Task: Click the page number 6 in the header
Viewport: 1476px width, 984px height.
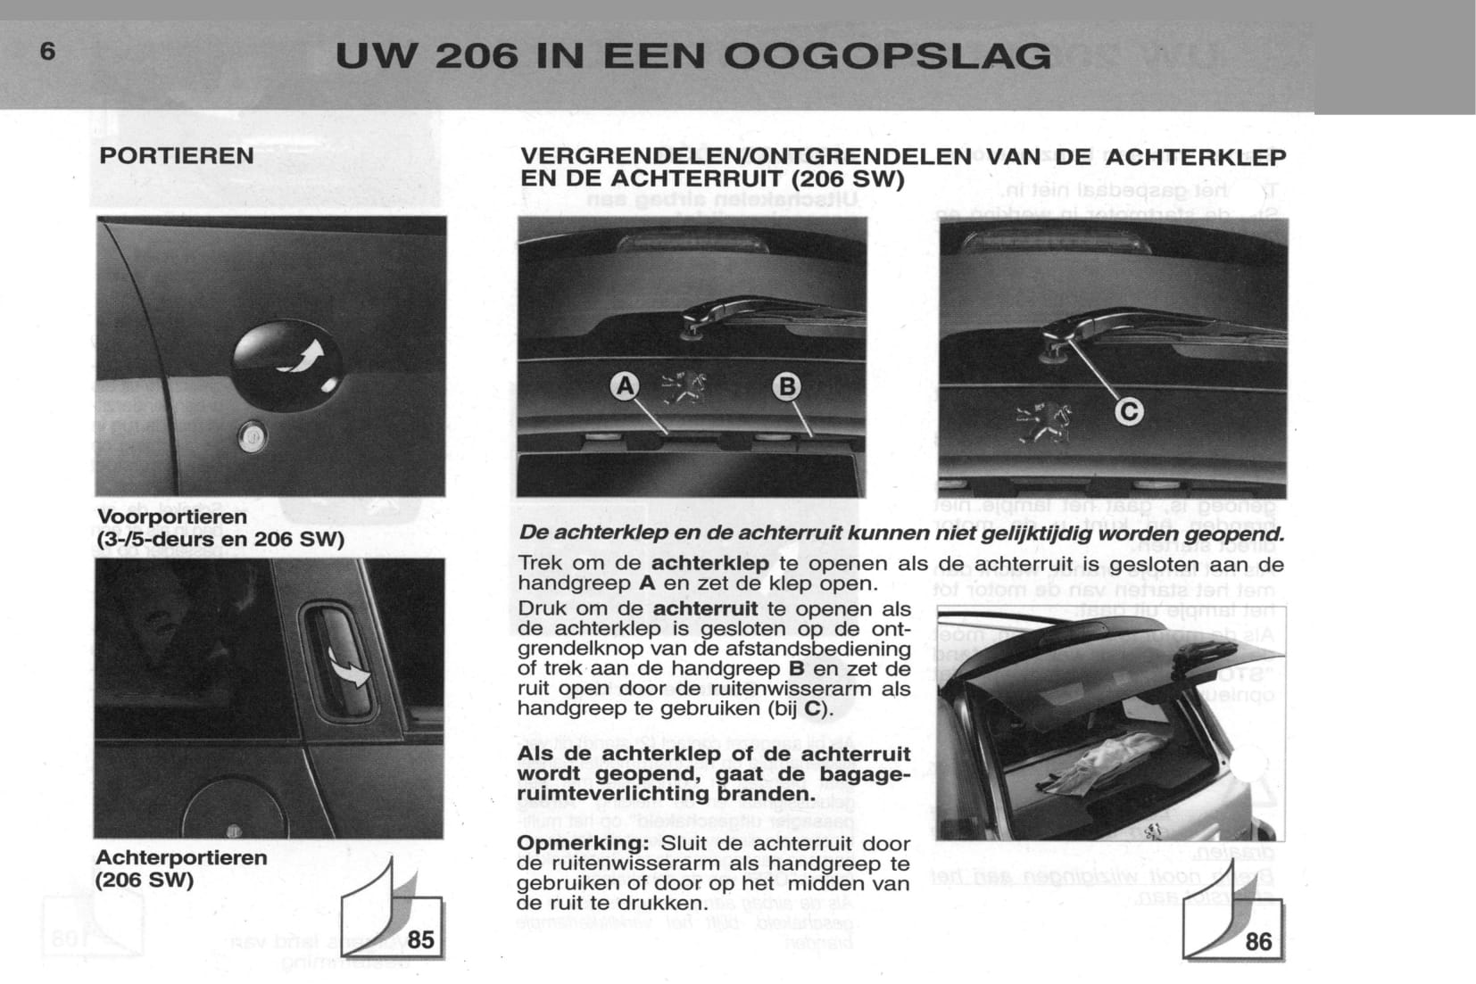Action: click(47, 52)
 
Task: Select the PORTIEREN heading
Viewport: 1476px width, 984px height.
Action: click(177, 156)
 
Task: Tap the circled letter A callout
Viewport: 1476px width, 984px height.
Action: click(626, 386)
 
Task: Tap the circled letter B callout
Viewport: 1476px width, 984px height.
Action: click(787, 386)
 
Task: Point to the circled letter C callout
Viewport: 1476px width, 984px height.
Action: click(1130, 411)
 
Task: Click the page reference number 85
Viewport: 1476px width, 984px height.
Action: click(420, 939)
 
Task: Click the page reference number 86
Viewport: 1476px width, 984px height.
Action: click(1258, 940)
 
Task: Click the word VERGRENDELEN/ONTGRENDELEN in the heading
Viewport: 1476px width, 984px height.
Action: click(745, 158)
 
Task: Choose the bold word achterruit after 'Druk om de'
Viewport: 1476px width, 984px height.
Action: click(705, 608)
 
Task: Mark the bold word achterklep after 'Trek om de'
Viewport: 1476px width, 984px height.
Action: click(709, 564)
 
